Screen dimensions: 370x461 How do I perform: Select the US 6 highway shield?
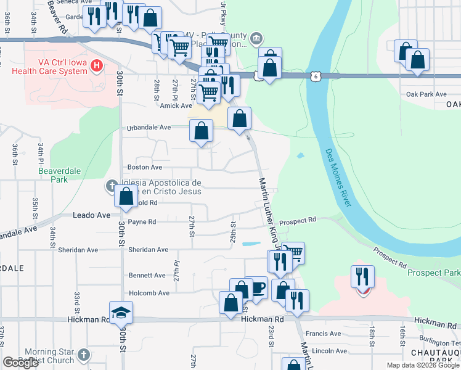click(x=316, y=76)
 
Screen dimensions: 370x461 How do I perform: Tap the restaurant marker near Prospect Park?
click(x=362, y=276)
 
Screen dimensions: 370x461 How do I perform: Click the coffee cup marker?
click(x=256, y=287)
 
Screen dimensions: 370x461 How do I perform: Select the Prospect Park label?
click(x=434, y=273)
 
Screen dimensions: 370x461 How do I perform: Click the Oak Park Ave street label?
click(x=426, y=94)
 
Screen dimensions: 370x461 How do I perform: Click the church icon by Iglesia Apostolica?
click(x=112, y=184)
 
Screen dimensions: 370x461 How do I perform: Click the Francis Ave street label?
click(x=327, y=334)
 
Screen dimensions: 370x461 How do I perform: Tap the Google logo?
click(x=22, y=363)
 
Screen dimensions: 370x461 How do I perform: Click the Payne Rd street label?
click(x=142, y=221)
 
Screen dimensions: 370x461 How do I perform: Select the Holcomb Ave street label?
click(x=149, y=293)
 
